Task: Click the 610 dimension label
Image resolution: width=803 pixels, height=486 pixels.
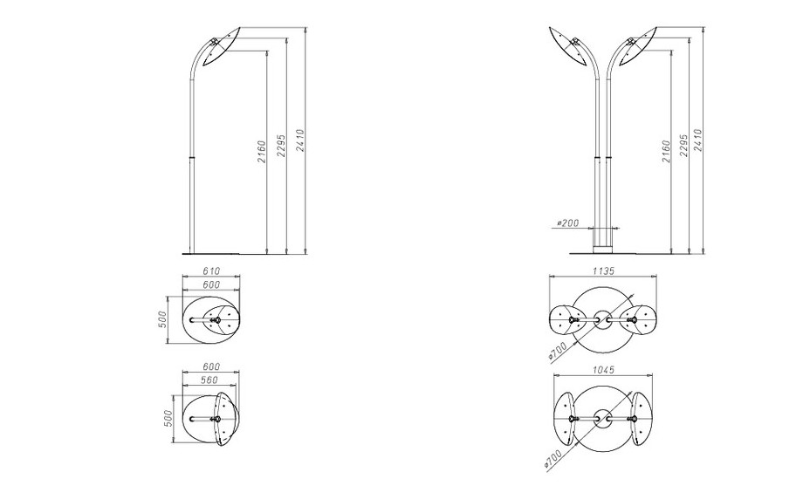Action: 210,271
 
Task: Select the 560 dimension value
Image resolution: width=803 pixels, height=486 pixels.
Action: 209,380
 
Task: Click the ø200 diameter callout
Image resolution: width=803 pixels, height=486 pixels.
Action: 566,224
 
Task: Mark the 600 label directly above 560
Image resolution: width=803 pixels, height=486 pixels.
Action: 209,367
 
